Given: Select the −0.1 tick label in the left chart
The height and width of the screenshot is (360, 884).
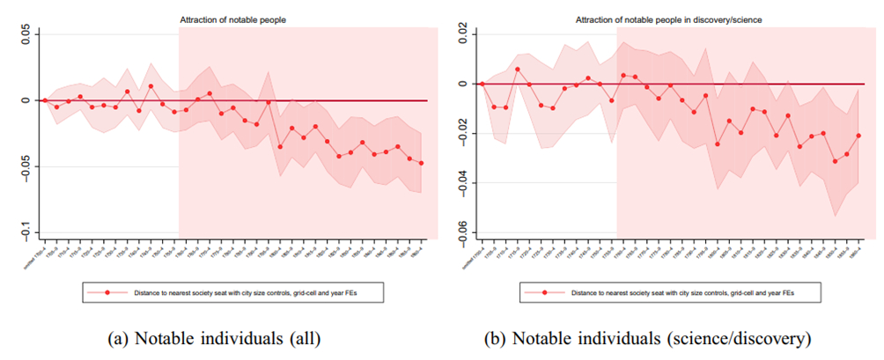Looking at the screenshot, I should tap(26, 232).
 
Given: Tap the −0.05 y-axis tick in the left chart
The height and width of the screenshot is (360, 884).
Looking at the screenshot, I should tap(26, 166).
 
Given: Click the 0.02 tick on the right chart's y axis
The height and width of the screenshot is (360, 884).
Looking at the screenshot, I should tap(460, 34).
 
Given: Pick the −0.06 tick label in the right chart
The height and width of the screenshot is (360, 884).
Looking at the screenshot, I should tap(460, 232).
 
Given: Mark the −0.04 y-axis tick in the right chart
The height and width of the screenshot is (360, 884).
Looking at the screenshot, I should tap(460, 183).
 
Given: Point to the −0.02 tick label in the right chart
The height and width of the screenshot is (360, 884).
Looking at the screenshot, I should tap(460, 134).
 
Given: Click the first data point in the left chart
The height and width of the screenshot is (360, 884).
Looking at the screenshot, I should tap(45, 100).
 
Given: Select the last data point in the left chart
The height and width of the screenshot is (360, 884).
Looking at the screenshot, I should tap(421, 163).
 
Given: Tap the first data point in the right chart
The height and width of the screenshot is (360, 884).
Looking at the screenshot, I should tap(482, 84).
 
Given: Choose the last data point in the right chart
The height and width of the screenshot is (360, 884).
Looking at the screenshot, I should tap(858, 136).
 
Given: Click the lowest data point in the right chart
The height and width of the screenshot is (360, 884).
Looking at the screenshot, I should tap(835, 161).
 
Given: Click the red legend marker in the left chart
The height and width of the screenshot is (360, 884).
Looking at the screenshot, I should tap(107, 290).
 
